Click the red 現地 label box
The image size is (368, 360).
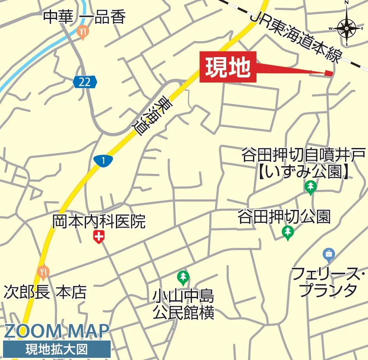pyautogui.click(x=228, y=67)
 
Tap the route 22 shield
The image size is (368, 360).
pyautogui.click(x=85, y=82)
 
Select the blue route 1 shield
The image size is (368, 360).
pyautogui.click(x=103, y=161)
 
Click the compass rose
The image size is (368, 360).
pyautogui.click(x=347, y=28)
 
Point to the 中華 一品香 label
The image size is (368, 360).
pyautogui.click(x=84, y=17)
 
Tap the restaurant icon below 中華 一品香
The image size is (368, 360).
pyautogui.click(x=83, y=32)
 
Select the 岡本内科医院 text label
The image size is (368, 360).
pyautogui.click(x=99, y=222)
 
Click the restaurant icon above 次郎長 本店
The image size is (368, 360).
pyautogui.click(x=42, y=273)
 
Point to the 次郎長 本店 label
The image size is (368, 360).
pyautogui.click(x=45, y=292)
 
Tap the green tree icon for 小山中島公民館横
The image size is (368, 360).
pyautogui.click(x=183, y=276)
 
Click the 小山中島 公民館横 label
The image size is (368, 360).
pyautogui.click(x=183, y=304)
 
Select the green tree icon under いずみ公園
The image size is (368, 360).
pyautogui.click(x=310, y=187)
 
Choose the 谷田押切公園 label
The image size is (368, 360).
pyautogui.click(x=284, y=216)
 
